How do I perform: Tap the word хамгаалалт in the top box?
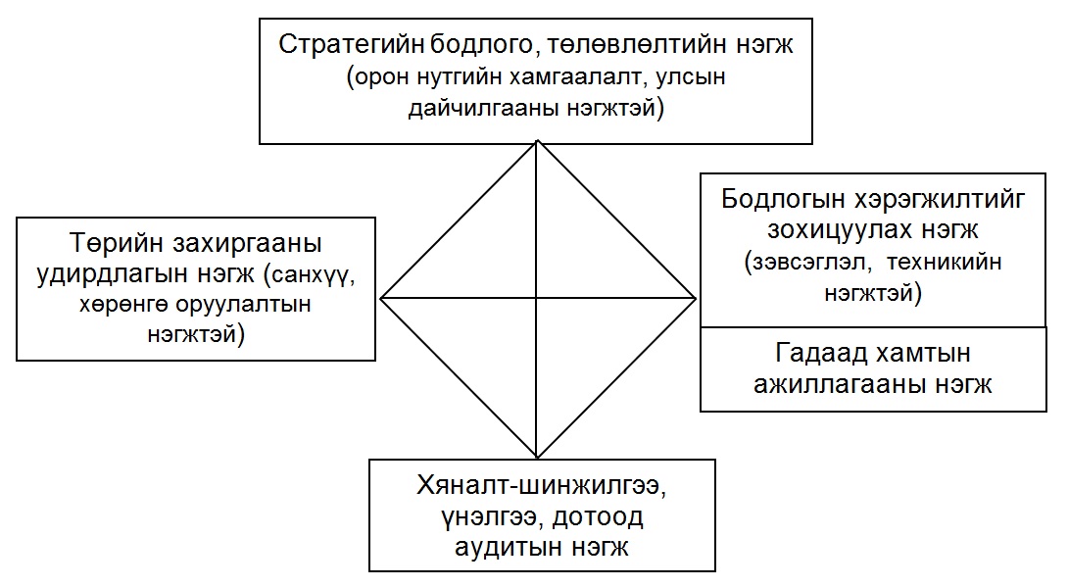[x=577, y=77]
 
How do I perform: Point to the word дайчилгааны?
[x=483, y=108]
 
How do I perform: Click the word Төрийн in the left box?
[x=116, y=242]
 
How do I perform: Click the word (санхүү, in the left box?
[x=305, y=274]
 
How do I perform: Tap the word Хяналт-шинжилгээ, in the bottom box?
[x=542, y=487]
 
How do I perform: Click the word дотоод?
[x=598, y=516]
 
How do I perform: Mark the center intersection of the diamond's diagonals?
[x=537, y=298]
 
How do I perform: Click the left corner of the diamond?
[x=381, y=298]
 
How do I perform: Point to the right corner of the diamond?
[x=696, y=298]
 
